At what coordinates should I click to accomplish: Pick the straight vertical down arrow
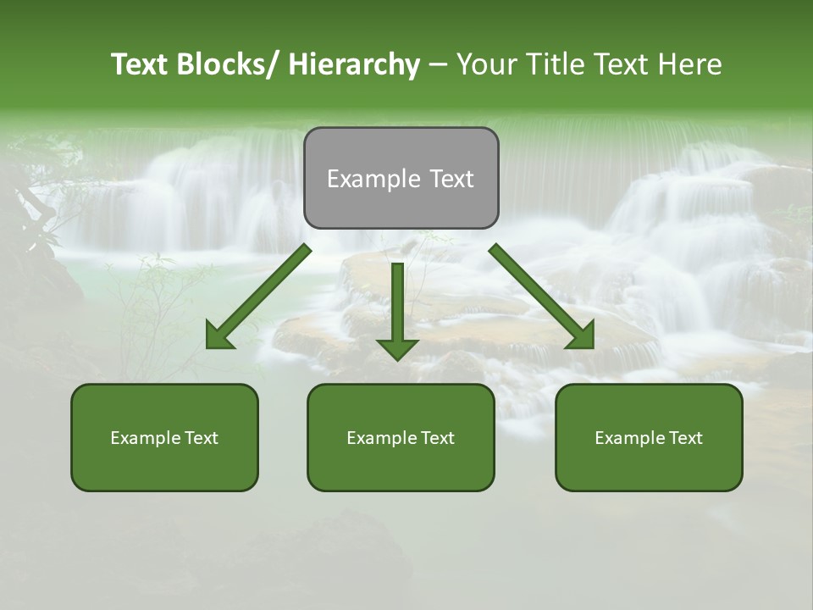click(397, 305)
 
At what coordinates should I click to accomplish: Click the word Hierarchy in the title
click(354, 65)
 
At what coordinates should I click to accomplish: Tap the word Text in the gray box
click(451, 179)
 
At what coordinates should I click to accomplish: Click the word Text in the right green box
click(684, 438)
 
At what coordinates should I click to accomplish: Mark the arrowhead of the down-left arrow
click(218, 336)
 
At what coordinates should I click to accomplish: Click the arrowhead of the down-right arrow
click(582, 336)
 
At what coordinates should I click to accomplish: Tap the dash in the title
click(438, 65)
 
